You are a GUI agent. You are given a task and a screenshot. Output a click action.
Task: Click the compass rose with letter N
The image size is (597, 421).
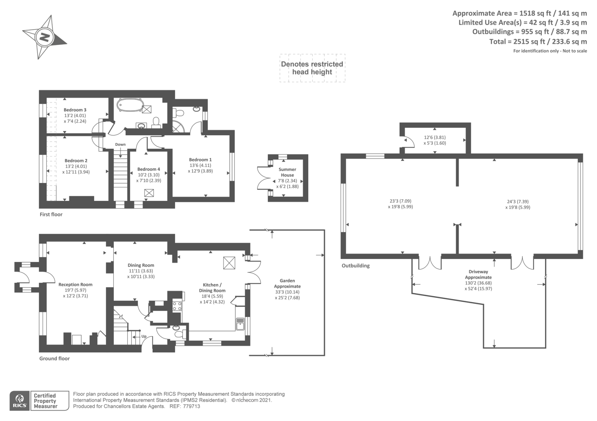pyautogui.click(x=44, y=37)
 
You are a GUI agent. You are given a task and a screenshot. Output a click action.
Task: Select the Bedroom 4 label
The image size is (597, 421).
pyautogui.click(x=149, y=169)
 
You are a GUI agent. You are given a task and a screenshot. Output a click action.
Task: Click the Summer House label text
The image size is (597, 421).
pyautogui.click(x=287, y=172)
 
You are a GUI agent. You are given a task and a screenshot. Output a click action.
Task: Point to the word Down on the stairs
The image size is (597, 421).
pyautogui.click(x=120, y=145)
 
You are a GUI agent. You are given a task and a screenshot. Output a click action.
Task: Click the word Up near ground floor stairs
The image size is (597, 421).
pyautogui.click(x=144, y=336)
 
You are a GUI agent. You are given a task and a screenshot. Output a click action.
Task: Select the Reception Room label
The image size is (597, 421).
pyautogui.click(x=75, y=285)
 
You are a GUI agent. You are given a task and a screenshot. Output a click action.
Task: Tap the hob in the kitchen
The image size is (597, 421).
pyautogui.click(x=177, y=306)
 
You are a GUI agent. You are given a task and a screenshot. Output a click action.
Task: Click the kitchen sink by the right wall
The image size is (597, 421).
pyautogui.click(x=240, y=324)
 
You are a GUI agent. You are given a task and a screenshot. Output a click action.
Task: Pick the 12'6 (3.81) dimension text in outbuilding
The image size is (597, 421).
pyautogui.click(x=435, y=137)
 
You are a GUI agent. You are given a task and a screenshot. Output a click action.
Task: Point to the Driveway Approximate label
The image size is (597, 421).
pyautogui.click(x=478, y=275)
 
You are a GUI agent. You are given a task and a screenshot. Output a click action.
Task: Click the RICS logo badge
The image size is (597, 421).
pyautogui.click(x=20, y=401)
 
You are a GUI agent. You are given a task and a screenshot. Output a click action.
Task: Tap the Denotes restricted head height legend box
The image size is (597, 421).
pyautogui.click(x=312, y=68)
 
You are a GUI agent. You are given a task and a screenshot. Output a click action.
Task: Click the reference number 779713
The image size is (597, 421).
pyautogui.click(x=192, y=406)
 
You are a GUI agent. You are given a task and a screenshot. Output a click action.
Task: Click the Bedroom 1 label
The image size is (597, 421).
pyautogui.click(x=200, y=160)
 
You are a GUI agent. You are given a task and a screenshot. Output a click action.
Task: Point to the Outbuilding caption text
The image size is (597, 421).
pyautogui.click(x=356, y=266)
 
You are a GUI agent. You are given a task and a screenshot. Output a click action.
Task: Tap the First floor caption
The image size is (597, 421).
pyautogui.click(x=51, y=215)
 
